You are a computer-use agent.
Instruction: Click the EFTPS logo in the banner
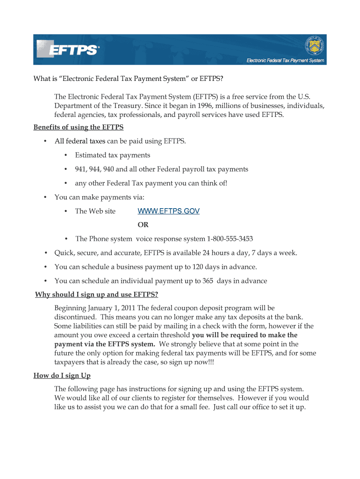[68, 49]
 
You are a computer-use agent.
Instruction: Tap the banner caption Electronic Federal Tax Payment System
[285, 61]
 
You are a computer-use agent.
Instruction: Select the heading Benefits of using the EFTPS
[79, 127]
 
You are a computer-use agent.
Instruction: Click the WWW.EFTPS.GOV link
[168, 211]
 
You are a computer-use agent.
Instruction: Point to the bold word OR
[143, 225]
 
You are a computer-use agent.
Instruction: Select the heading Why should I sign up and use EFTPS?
[97, 295]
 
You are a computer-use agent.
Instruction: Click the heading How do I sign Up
[62, 376]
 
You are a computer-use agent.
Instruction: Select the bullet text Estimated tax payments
[113, 155]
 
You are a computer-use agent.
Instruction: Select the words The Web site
[95, 211]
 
